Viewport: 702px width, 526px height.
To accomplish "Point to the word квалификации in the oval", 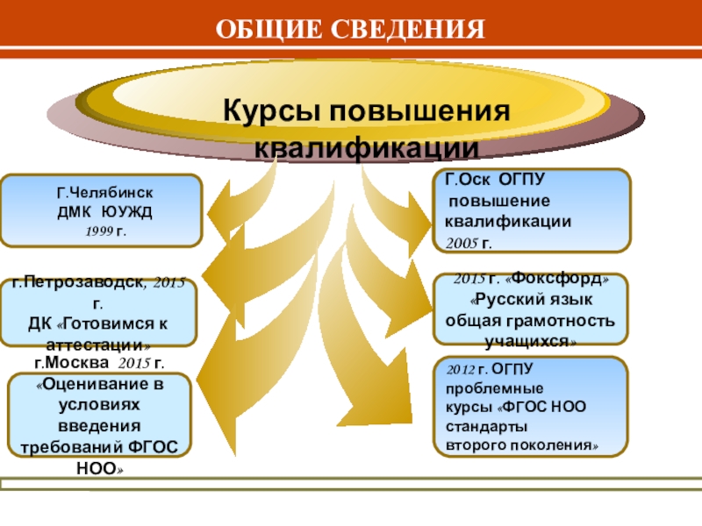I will pos(367,146).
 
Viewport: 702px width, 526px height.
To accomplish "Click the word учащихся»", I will pos(530,340).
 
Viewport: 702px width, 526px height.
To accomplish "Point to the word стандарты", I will pos(487,426).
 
